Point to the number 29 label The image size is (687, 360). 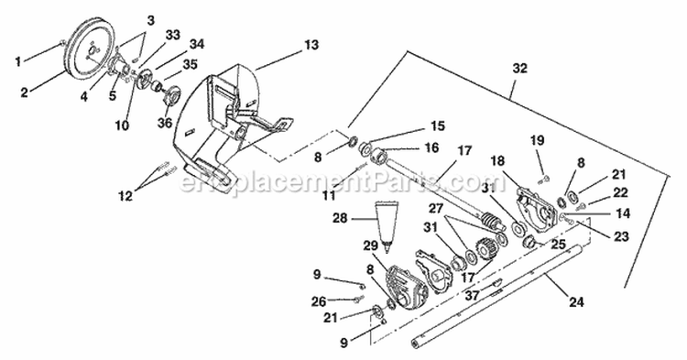tap(371, 245)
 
